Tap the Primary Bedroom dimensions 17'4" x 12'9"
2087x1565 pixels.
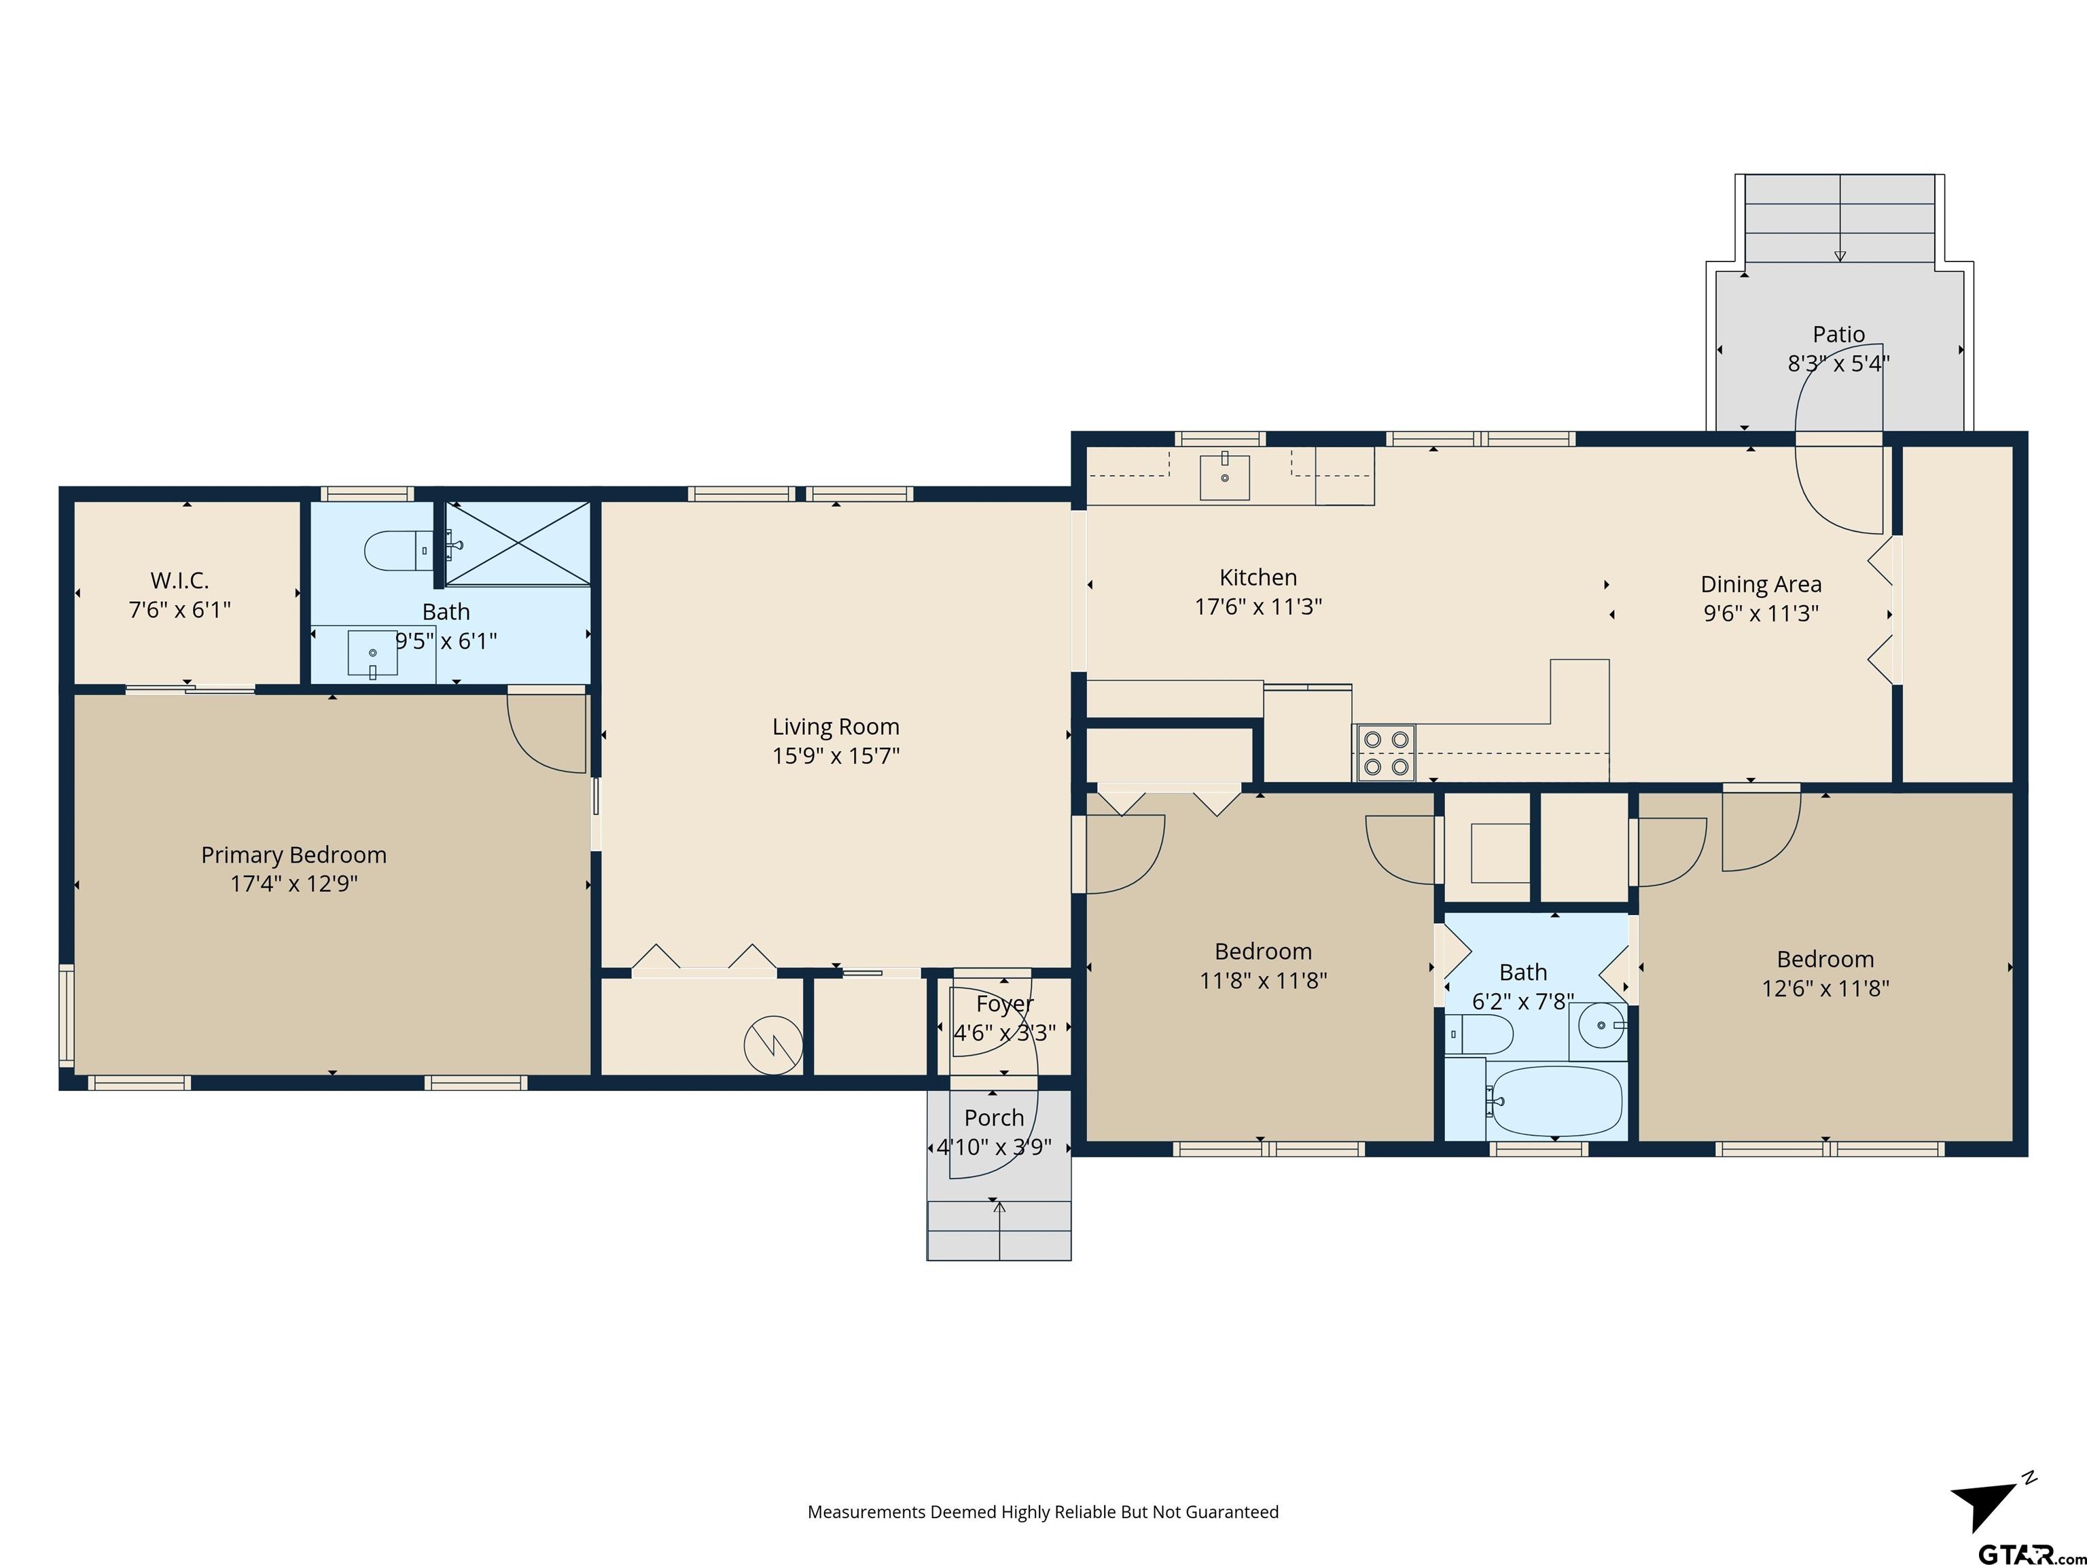click(294, 884)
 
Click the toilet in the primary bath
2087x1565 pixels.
click(399, 550)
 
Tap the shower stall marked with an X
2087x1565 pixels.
click(518, 543)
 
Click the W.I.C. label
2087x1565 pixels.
click(179, 580)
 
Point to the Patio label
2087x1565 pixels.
click(1839, 334)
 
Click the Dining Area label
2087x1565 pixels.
click(1760, 585)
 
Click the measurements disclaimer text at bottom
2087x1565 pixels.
click(1043, 1512)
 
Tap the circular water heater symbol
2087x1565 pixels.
click(774, 1045)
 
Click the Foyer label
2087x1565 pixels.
click(1005, 1004)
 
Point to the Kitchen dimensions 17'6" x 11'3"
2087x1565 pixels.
click(1259, 607)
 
